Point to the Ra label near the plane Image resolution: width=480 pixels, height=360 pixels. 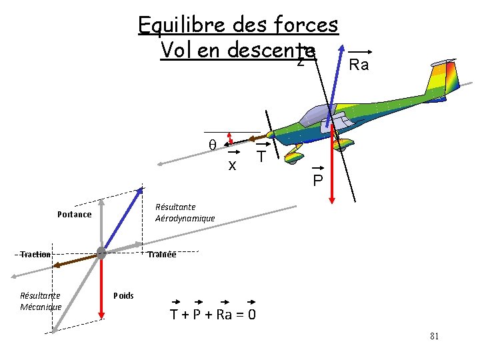pyautogui.click(x=359, y=65)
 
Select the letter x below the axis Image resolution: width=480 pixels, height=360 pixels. pyautogui.click(x=232, y=165)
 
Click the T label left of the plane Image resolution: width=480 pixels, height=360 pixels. pyautogui.click(x=262, y=157)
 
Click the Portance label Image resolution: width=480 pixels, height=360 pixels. pyautogui.click(x=74, y=214)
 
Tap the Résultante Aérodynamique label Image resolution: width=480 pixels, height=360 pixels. pyautogui.click(x=185, y=213)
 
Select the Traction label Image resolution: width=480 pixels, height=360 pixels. pyautogui.click(x=35, y=255)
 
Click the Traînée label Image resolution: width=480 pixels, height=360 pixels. pyautogui.click(x=162, y=254)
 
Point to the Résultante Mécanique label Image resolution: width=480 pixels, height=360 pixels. pyautogui.click(x=41, y=301)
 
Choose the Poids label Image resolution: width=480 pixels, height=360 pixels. pyautogui.click(x=123, y=295)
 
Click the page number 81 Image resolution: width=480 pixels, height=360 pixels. pyautogui.click(x=434, y=336)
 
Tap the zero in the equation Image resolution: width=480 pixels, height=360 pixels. pyautogui.click(x=251, y=314)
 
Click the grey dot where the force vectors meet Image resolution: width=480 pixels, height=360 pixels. pyautogui.click(x=101, y=253)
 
